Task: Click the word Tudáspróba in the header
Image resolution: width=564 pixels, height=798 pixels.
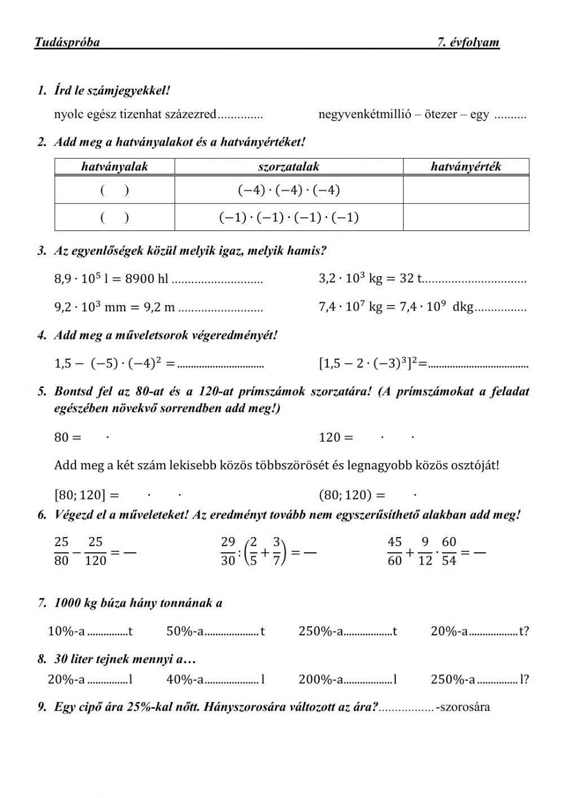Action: [x=67, y=42]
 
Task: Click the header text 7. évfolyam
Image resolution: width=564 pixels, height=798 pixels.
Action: [x=468, y=42]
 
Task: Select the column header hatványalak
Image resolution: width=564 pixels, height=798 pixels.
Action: [x=114, y=167]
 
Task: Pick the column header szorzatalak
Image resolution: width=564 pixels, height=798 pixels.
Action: [x=289, y=167]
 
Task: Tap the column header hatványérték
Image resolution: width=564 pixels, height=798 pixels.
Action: [x=466, y=167]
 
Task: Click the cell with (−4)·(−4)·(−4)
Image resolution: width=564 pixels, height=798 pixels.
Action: [x=289, y=190]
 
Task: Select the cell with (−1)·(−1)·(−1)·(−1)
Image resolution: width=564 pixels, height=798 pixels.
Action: [x=289, y=217]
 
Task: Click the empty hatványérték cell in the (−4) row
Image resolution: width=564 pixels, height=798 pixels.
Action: [x=466, y=190]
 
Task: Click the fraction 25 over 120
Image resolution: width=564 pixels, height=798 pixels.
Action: [x=95, y=551]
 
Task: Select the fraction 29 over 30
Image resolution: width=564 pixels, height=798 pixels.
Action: [x=228, y=551]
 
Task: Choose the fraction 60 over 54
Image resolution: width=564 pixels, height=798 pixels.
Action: [x=449, y=551]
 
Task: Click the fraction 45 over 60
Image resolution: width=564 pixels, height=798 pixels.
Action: [x=395, y=551]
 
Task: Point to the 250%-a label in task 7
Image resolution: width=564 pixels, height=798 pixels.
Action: [x=321, y=631]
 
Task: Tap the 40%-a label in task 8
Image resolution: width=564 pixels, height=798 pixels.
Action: [x=184, y=679]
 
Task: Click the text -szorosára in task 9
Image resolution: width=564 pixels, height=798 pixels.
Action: [x=463, y=707]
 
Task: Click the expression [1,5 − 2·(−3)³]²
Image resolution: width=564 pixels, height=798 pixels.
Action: [x=369, y=364]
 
